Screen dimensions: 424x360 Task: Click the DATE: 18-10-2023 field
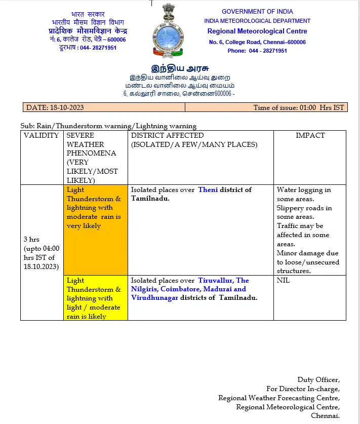pos(55,107)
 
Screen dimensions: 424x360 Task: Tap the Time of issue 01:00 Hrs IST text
pos(298,107)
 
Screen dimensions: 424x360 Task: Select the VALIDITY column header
pos(42,136)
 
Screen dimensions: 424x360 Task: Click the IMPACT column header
pos(310,136)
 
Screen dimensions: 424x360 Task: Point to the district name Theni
pos(208,190)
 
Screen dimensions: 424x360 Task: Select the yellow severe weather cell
pos(95,298)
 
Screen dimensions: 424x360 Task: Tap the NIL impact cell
pos(284,281)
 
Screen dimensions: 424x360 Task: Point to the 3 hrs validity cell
pos(42,253)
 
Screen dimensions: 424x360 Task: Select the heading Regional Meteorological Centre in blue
pos(257,31)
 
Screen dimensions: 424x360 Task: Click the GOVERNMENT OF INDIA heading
pos(257,11)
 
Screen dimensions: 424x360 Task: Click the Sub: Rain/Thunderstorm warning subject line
pos(108,126)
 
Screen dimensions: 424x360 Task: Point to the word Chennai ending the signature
pos(325,416)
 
